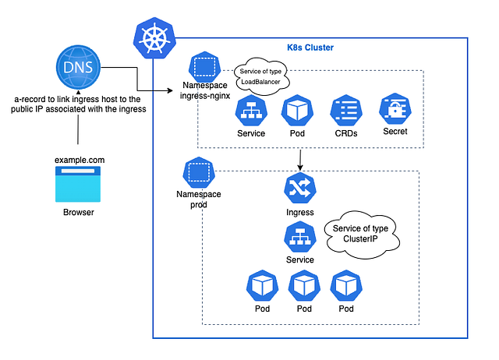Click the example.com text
[79, 161]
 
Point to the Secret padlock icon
[395, 111]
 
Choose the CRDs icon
[345, 111]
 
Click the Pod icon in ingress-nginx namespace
[296, 111]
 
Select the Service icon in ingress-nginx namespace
[250, 111]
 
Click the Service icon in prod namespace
[299, 236]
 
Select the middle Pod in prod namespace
[303, 286]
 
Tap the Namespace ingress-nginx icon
[203, 67]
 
